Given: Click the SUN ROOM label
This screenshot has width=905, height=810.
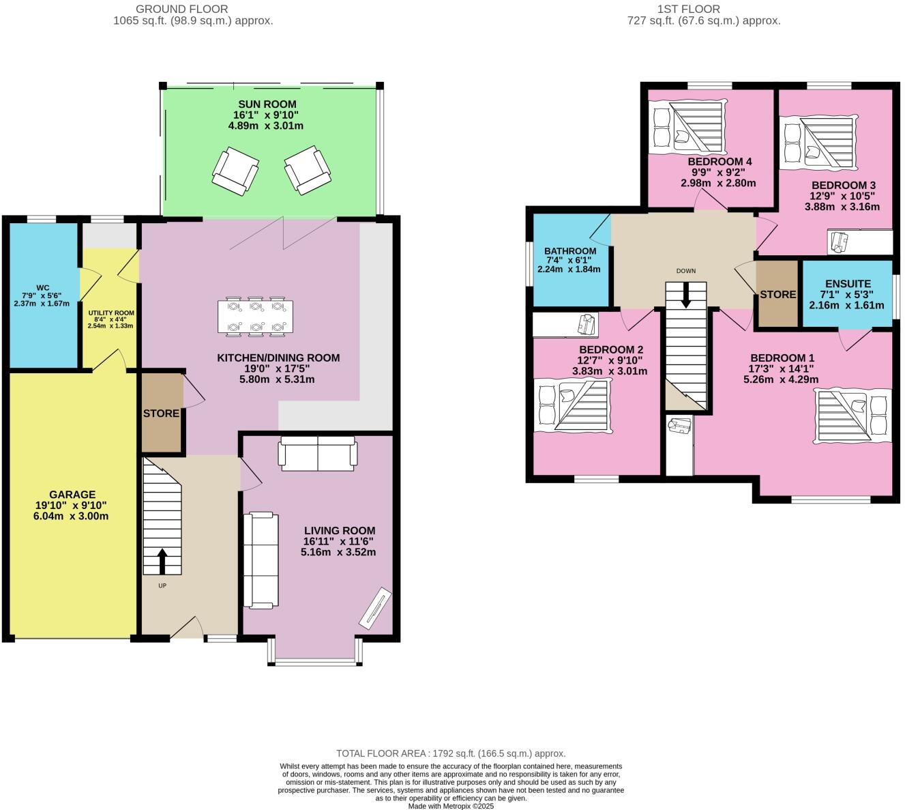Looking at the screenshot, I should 267,104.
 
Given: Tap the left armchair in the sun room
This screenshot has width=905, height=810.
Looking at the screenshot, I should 235,171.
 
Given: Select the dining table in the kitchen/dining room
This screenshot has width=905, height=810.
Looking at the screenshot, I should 256,317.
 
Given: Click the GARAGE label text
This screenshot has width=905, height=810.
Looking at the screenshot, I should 72,495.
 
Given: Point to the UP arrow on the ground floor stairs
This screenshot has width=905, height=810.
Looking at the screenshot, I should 162,561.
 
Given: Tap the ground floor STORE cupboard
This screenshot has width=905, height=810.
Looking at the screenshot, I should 162,413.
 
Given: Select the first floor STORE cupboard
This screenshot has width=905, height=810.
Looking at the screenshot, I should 777,294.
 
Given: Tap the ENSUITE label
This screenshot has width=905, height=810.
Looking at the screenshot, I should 848,284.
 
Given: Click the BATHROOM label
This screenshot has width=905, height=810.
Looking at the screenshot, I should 570,251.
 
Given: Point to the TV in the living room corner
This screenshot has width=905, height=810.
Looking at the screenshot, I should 375,609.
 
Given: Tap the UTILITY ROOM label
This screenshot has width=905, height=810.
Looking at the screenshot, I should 110,313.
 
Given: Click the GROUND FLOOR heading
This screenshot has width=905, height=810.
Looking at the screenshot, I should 182,9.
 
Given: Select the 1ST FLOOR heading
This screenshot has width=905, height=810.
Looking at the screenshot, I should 703,9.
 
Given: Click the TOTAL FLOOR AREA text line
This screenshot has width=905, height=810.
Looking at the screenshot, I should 451,753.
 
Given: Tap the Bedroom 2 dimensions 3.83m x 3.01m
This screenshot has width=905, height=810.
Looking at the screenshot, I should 610,371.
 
